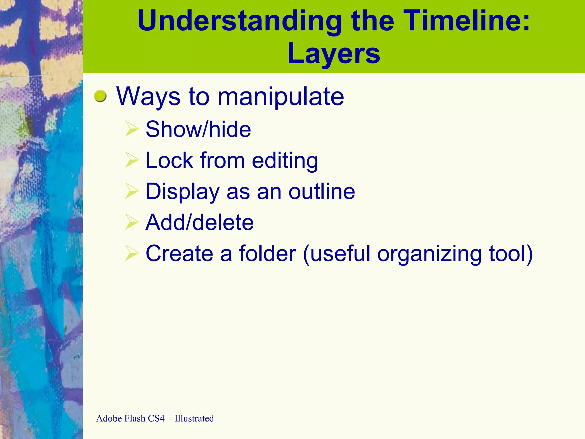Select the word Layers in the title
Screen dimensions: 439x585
[334, 54]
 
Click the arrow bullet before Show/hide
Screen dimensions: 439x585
[132, 129]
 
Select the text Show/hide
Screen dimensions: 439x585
[198, 129]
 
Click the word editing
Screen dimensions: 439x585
[285, 161]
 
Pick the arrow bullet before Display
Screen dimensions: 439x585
[132, 191]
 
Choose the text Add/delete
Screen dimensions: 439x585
[199, 222]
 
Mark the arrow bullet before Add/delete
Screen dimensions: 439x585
[132, 222]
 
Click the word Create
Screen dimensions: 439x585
[179, 254]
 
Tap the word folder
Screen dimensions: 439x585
[267, 254]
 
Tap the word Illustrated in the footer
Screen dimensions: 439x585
[194, 418]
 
